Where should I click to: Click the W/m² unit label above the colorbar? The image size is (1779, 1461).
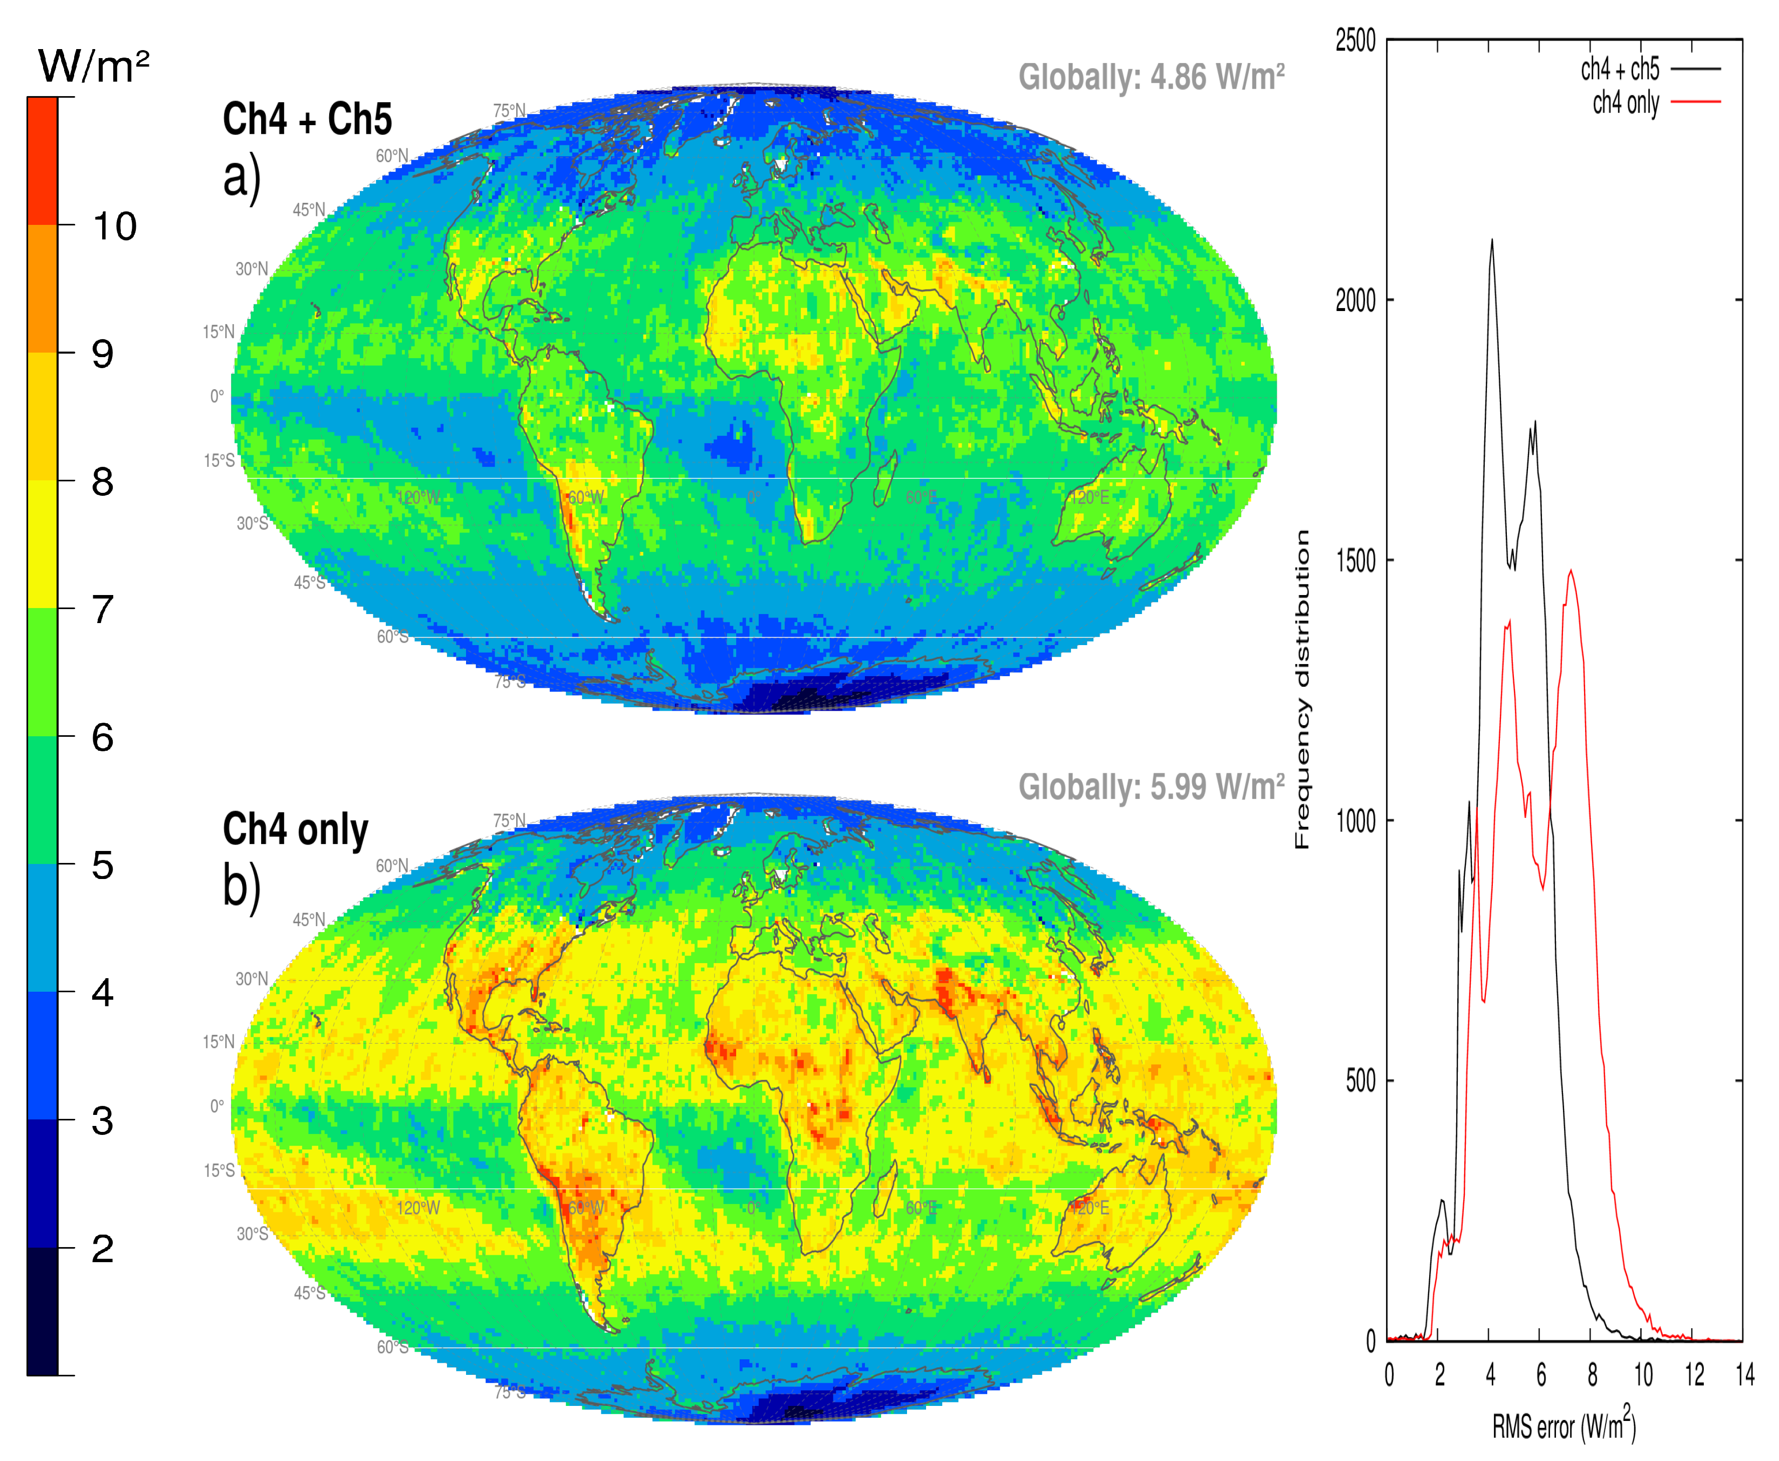[93, 66]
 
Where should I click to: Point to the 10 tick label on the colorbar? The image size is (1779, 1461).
[114, 225]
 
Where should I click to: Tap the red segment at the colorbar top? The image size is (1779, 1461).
[42, 160]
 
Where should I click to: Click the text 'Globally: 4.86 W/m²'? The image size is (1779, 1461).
[1151, 78]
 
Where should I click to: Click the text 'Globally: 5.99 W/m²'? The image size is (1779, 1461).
[1151, 787]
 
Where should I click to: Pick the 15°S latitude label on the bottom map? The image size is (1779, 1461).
[219, 1171]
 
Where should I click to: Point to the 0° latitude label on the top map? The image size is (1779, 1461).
[217, 396]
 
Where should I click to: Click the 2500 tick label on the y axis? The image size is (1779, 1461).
[1356, 41]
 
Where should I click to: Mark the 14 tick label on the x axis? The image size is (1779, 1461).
[1744, 1374]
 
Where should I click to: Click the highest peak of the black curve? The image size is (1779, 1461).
[1492, 241]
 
